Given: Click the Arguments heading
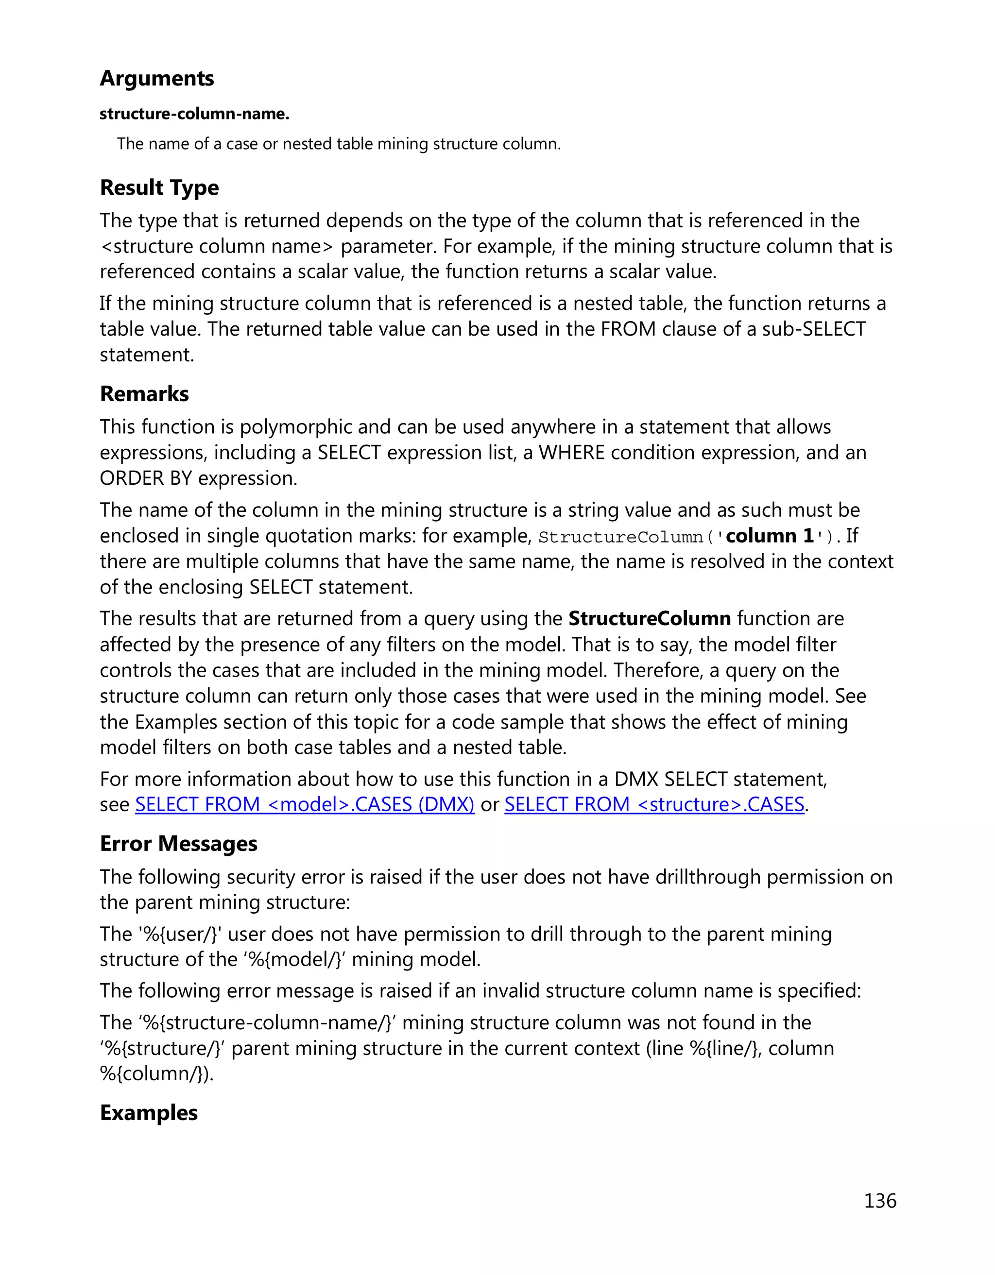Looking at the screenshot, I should (156, 78).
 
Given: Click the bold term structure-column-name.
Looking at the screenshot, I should (194, 114).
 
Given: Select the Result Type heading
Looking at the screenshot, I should (159, 187).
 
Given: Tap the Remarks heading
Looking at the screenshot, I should (144, 394).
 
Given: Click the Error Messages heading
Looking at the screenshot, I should (178, 844).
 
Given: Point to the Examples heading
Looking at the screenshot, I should (148, 1113).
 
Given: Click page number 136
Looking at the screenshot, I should (879, 1201).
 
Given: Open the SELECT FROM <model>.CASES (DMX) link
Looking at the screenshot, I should (304, 804).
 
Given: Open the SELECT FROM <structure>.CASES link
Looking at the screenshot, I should (654, 804).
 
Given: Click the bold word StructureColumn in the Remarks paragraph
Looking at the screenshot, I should (649, 618).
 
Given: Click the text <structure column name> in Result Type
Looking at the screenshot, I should (217, 246).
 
